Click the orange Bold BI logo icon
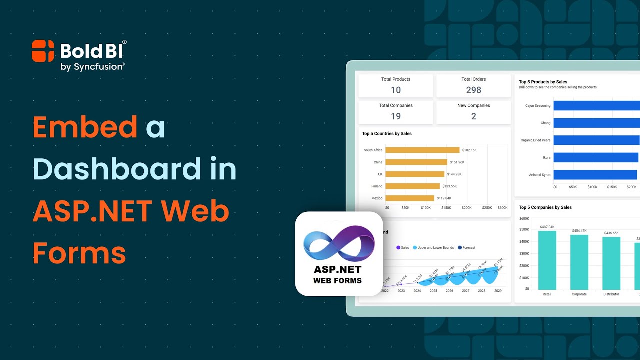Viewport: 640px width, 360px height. tap(43, 51)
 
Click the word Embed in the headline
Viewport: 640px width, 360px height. tap(85, 127)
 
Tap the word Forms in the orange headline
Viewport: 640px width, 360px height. tap(79, 253)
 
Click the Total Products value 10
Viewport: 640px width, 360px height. tap(396, 90)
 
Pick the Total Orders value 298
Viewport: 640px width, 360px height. tap(473, 90)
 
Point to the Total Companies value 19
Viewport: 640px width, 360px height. tap(396, 116)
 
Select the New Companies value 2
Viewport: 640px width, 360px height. tap(473, 116)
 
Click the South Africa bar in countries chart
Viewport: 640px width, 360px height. tap(422, 150)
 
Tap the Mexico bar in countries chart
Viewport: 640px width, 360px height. tap(410, 198)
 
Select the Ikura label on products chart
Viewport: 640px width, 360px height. tap(546, 157)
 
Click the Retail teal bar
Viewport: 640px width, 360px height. tap(547, 260)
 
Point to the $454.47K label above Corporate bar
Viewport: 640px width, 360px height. tap(579, 231)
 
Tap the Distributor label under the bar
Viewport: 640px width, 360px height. tap(611, 294)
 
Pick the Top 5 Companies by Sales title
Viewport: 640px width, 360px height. tap(545, 207)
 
